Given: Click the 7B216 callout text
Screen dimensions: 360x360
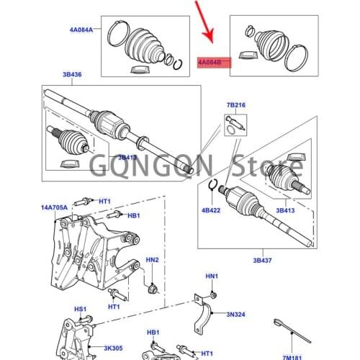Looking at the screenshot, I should tap(235, 105).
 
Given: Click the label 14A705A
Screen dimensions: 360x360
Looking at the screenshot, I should tap(54, 207).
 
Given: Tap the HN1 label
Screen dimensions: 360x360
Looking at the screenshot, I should tap(212, 276).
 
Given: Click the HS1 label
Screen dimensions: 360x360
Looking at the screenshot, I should tap(81, 309).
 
